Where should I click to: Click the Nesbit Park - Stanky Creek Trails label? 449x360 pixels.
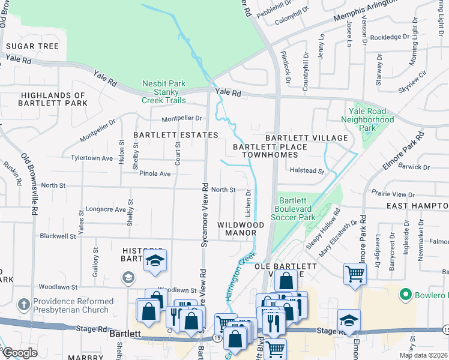tap(164, 92)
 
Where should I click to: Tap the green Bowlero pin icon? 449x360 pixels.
tap(406, 295)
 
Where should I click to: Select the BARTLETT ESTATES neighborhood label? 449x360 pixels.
tap(167, 136)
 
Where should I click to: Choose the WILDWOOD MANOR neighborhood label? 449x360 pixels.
tap(241, 229)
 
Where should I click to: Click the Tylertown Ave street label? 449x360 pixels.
tap(92, 158)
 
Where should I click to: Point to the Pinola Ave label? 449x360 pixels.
tap(155, 173)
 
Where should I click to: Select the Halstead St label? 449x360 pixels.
tap(307, 171)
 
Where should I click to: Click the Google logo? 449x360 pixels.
tap(20, 353)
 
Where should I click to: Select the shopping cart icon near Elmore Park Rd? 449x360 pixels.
tap(355, 274)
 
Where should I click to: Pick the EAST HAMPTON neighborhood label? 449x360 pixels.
tap(417, 206)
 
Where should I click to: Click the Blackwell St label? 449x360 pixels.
tap(58, 236)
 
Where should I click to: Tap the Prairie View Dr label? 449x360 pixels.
tap(393, 194)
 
